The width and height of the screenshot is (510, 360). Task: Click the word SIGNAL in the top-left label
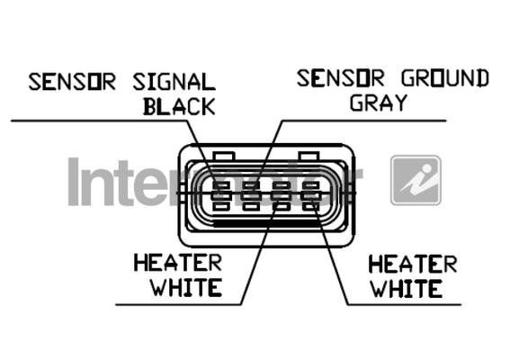[x=174, y=82]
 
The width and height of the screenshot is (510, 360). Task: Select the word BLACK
[x=179, y=106]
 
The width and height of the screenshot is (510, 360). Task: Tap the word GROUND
[x=444, y=78]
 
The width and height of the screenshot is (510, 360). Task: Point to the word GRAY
[x=379, y=103]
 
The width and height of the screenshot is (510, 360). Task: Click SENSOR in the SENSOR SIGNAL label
[x=72, y=82]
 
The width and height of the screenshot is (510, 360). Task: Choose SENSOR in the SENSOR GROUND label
[x=341, y=78]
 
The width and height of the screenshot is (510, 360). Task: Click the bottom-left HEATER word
[x=178, y=263]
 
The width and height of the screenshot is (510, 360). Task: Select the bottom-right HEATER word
[x=413, y=264]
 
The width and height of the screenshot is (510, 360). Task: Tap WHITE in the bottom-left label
[x=186, y=287]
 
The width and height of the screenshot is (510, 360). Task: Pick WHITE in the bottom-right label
[x=407, y=289]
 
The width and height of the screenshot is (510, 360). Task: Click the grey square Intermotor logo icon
[x=416, y=180]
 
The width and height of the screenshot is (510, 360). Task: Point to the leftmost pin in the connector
[x=221, y=195]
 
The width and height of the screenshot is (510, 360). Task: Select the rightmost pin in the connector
[x=311, y=195]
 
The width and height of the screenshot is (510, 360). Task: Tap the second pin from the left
[x=251, y=195]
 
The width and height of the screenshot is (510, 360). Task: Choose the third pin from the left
[x=281, y=195]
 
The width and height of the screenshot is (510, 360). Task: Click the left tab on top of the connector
[x=223, y=156]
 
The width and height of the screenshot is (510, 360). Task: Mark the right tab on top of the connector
[x=310, y=156]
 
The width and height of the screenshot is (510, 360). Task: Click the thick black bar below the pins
[x=267, y=223]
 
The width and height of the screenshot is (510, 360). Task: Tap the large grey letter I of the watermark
[x=74, y=182]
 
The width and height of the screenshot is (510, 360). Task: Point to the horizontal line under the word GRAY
[x=363, y=121]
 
